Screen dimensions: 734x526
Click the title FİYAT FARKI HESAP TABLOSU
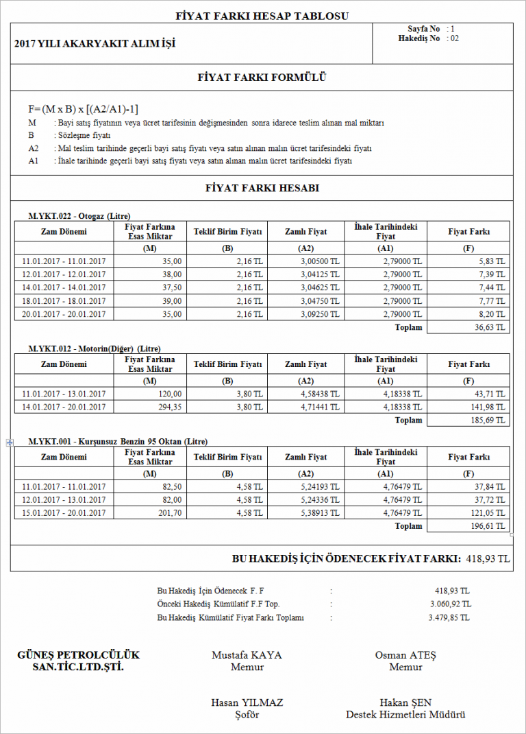coord(262,15)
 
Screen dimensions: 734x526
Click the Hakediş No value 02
coord(454,39)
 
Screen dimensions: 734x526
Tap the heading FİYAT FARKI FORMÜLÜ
coord(262,77)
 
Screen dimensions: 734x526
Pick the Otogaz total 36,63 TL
coord(490,327)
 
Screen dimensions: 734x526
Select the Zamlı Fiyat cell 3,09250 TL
coord(320,313)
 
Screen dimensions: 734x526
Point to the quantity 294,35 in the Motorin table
coord(168,407)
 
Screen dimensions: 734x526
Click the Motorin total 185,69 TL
coord(488,420)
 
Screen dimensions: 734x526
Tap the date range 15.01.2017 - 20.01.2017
coord(64,512)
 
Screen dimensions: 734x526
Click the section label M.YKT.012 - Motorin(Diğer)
coord(94,348)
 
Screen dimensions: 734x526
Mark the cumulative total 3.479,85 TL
coord(449,617)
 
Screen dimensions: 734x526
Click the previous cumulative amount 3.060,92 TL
coord(450,604)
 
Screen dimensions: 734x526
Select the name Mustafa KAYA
coord(247,654)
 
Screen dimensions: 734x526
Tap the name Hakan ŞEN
coord(405,702)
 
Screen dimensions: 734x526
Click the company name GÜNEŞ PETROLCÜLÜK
coord(78,654)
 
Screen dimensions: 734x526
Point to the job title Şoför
coord(247,715)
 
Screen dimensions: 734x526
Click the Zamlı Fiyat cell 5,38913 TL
coord(320,512)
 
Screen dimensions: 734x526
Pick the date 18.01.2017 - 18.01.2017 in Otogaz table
coord(64,300)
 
